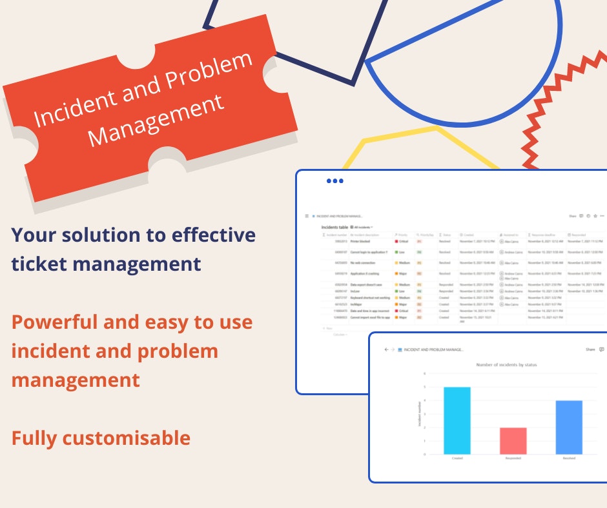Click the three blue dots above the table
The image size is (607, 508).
tap(335, 181)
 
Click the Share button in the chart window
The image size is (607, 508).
tap(590, 349)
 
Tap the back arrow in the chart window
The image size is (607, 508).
tap(386, 349)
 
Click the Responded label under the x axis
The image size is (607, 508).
tap(513, 458)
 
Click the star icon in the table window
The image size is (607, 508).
tap(595, 217)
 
